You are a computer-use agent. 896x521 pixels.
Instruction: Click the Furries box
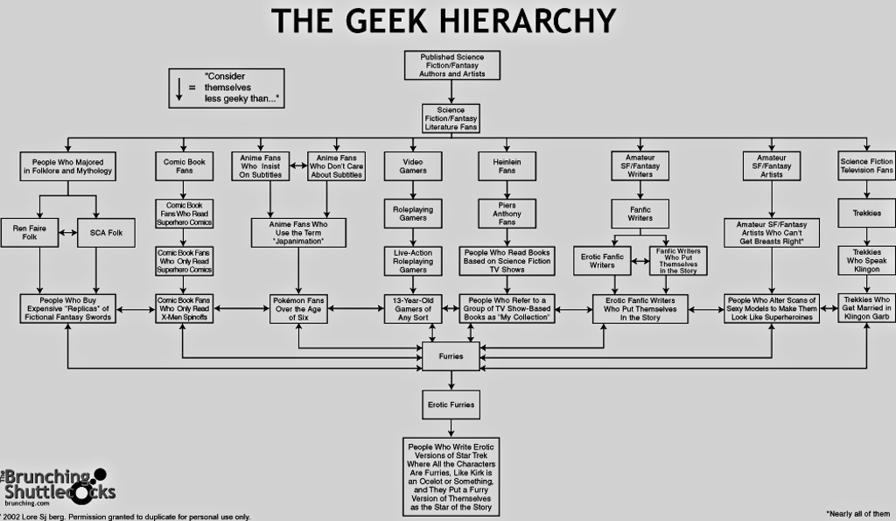(451, 356)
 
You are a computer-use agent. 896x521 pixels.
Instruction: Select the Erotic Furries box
(451, 405)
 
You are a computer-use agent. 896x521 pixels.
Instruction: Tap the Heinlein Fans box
(507, 165)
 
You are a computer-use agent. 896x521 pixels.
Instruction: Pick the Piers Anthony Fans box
(507, 214)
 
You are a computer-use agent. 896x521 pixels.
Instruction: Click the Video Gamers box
(413, 165)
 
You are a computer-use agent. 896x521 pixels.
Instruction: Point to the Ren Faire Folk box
(30, 233)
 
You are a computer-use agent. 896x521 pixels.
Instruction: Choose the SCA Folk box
(106, 233)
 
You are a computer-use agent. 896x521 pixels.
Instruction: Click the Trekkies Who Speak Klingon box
(867, 261)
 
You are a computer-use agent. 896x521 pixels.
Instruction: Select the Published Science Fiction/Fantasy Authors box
(452, 65)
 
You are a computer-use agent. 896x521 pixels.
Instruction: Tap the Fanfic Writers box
(640, 214)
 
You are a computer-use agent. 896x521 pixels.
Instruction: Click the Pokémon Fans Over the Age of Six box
(298, 309)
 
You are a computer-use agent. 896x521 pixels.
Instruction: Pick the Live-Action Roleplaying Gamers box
(413, 261)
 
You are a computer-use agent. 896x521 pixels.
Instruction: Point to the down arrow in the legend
(178, 88)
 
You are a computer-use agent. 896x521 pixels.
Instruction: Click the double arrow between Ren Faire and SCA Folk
(68, 233)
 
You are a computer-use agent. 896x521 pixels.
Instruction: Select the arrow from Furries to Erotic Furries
(451, 380)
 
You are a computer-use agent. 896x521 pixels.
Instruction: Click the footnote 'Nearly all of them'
(857, 514)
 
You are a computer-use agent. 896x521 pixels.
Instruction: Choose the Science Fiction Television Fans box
(867, 165)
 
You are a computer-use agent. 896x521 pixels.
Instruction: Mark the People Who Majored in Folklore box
(68, 165)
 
